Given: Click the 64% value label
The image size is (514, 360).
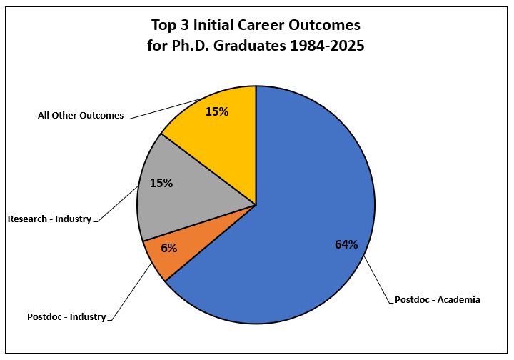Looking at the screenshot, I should coord(346,244).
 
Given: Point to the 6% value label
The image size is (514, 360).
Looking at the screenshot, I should coord(168,248).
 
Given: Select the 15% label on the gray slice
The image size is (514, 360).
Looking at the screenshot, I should coord(161,183).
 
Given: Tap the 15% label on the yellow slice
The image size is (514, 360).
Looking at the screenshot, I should coord(216,111).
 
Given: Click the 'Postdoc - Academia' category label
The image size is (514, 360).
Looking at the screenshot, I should coord(438,300).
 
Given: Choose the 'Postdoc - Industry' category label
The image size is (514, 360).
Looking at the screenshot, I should coord(66,316).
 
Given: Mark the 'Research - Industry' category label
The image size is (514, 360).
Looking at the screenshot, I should coord(49,219).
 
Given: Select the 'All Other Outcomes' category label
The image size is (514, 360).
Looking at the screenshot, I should coord(81,115).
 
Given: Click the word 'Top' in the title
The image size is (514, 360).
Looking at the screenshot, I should coord(164,26).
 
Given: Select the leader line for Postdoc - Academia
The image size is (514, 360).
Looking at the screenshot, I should coord(378,279).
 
